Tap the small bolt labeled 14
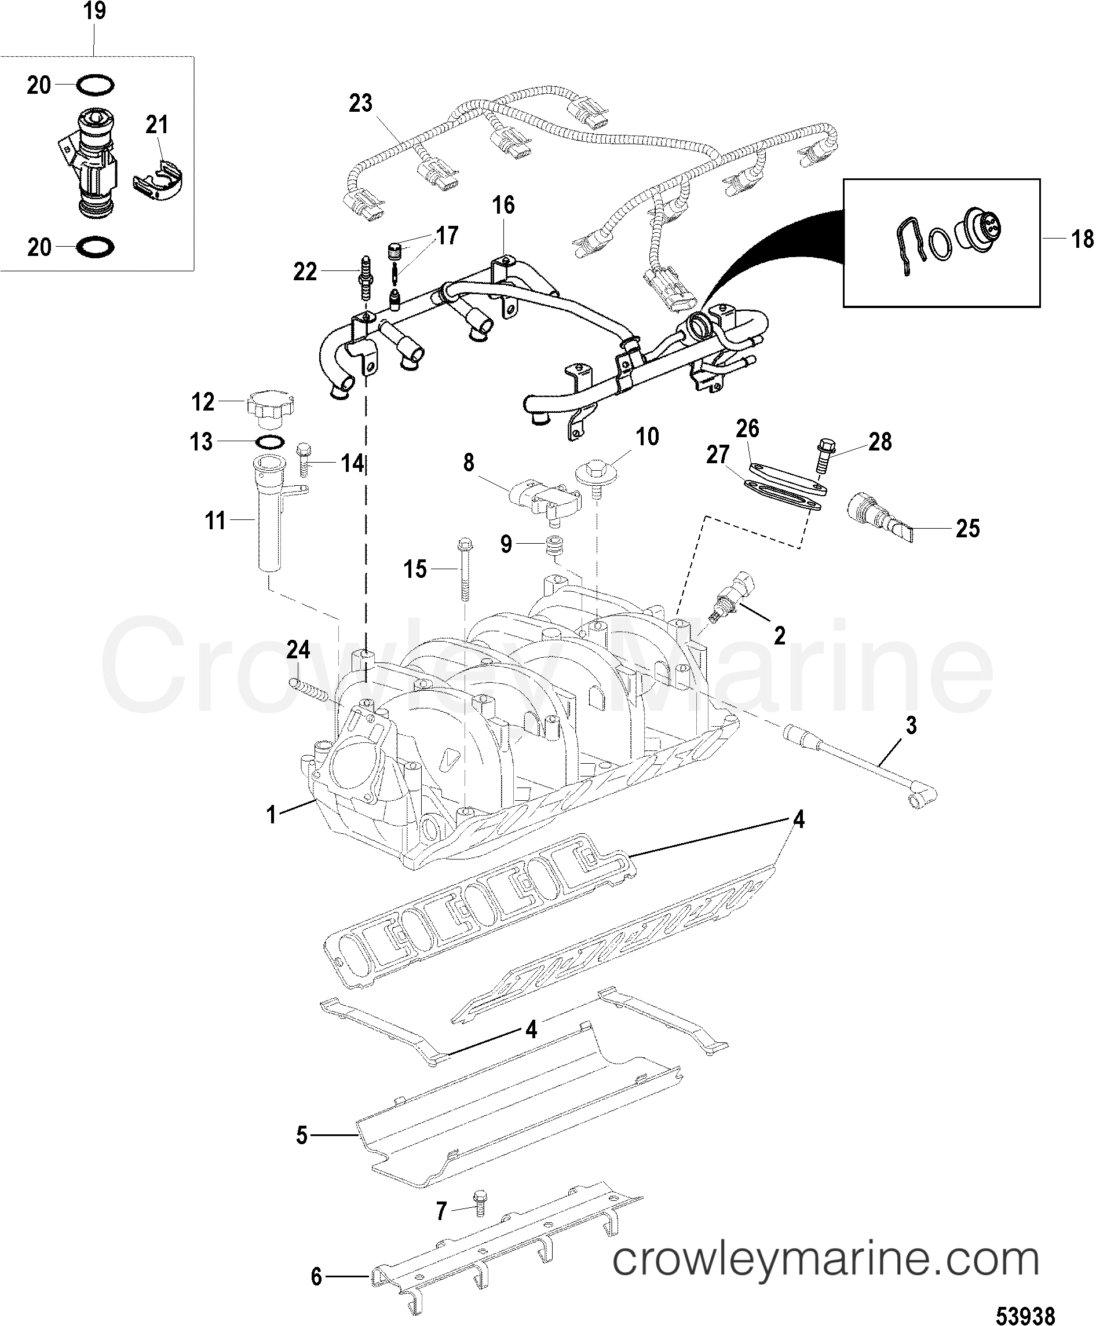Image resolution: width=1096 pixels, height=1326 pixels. [304, 461]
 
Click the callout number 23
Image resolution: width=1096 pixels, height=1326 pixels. [360, 104]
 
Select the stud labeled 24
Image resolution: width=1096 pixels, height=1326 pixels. [309, 689]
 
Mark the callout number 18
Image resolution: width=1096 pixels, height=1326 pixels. [1082, 239]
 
